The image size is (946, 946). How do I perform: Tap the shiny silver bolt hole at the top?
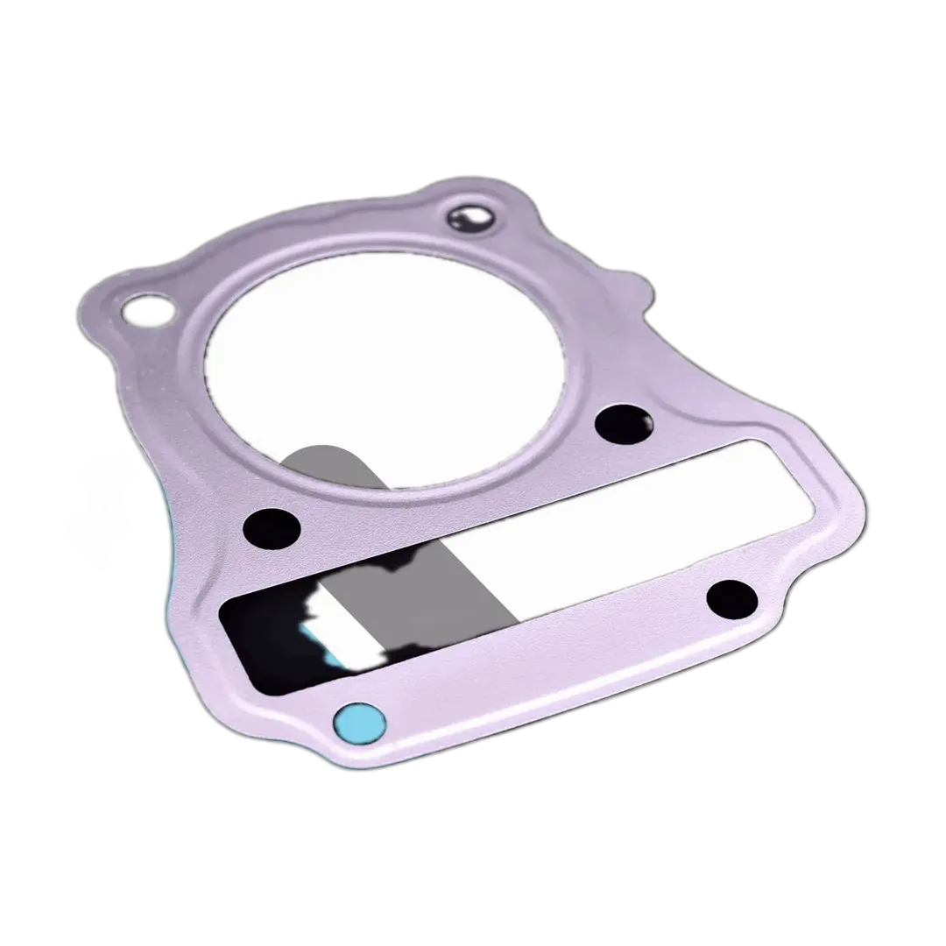click(472, 218)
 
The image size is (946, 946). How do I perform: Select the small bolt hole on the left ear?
click(145, 307)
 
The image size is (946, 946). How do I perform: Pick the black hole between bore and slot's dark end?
click(272, 528)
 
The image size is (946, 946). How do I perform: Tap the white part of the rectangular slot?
click(631, 517)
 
